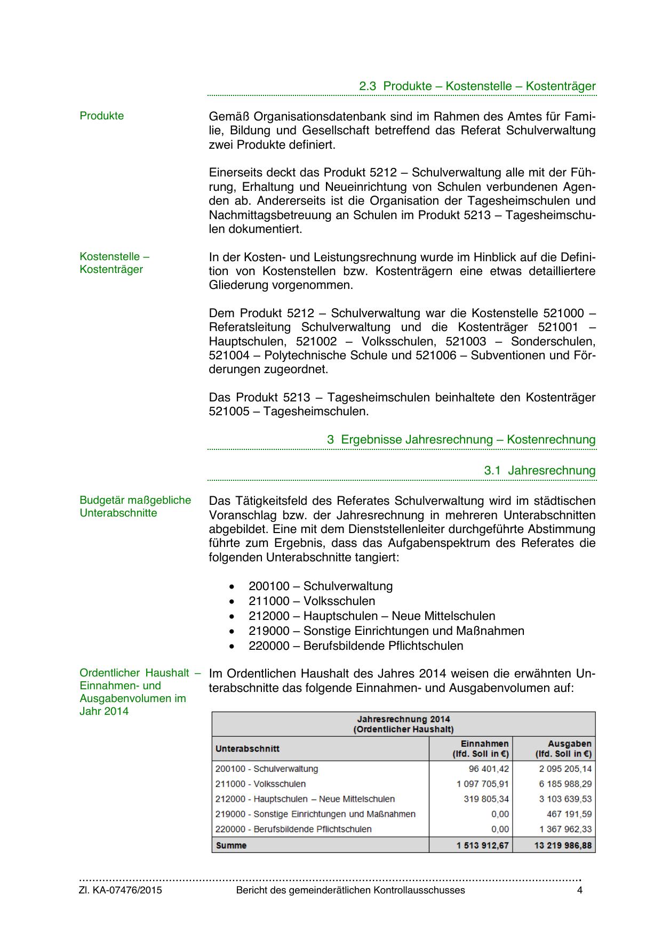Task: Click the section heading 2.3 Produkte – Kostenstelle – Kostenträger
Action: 477,86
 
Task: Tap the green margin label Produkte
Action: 101,116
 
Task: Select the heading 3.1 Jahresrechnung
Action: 540,471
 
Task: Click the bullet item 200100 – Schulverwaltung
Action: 320,586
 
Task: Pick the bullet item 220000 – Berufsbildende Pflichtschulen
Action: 355,646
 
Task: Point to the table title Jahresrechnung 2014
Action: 403,719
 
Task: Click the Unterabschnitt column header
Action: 248,749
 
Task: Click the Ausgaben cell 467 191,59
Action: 569,814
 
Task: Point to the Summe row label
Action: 231,845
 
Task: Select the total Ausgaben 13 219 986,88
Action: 563,845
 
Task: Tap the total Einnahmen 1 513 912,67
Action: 482,845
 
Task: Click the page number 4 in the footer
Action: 580,890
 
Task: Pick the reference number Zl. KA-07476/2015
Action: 121,890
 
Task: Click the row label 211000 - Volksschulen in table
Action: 260,784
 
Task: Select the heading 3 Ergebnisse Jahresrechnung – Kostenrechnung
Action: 461,440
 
